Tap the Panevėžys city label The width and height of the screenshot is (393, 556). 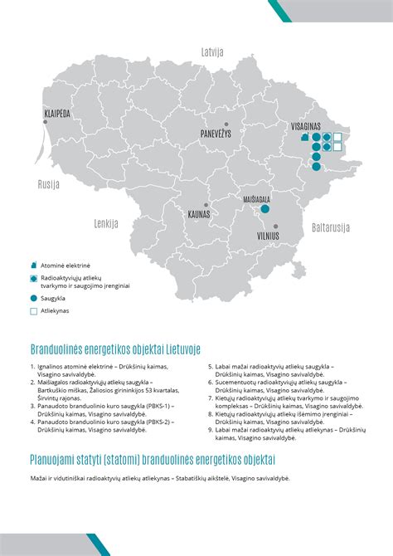point(216,134)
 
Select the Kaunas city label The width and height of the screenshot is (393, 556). point(199,213)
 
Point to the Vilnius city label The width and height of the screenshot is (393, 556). point(267,236)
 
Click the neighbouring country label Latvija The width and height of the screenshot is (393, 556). point(213,51)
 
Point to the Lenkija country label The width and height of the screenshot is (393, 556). point(106,223)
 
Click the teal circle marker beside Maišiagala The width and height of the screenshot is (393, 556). point(265,210)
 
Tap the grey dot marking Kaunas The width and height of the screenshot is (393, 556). point(206,205)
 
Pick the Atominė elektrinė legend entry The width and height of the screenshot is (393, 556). point(65,265)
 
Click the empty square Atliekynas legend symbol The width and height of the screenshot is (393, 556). point(33,312)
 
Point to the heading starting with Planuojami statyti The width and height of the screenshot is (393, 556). point(153,459)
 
